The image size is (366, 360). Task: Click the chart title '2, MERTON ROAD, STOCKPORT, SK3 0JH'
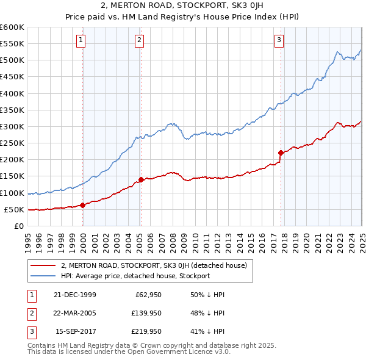[182, 7]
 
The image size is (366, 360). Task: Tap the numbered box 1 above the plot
[81, 40]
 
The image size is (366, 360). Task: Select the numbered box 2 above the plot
[139, 40]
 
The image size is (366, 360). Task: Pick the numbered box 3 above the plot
[279, 40]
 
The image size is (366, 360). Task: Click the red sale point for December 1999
[83, 205]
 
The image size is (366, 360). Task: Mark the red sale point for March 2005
[141, 179]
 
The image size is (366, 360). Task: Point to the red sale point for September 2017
[281, 153]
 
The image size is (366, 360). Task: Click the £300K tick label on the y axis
[12, 126]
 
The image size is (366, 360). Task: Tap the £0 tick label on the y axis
[18, 226]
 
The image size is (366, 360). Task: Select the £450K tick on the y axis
[12, 76]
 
